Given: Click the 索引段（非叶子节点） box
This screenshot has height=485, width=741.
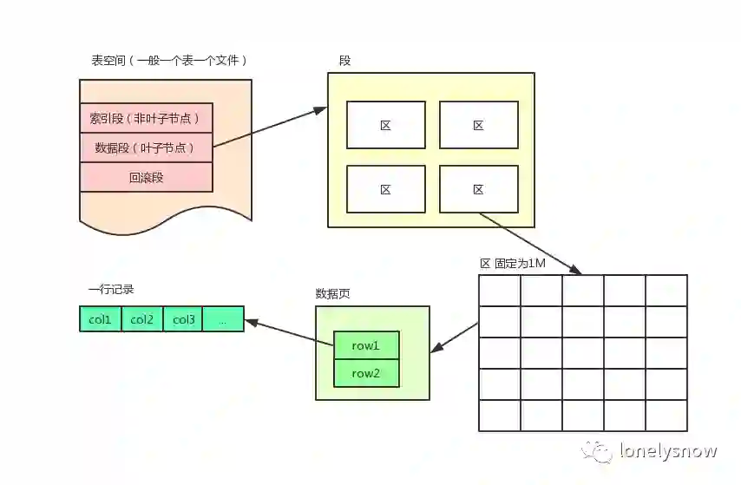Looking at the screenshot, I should coord(146,118).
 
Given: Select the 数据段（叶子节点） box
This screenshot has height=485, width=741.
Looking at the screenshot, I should coord(146,147).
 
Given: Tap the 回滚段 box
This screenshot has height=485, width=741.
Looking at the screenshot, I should coord(146,177).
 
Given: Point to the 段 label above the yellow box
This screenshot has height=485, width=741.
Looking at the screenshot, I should coord(344,62).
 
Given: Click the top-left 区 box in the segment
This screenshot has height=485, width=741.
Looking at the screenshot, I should coord(386,125).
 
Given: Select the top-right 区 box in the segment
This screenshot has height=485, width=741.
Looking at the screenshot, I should coord(478,125).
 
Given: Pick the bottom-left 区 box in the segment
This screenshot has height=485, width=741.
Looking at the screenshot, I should coord(386,189).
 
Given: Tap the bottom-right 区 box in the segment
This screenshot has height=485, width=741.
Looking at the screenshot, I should coord(478,189).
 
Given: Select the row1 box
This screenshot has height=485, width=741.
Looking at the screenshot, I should coord(366,345).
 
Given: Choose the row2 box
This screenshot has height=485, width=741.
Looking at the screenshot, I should coord(366,373).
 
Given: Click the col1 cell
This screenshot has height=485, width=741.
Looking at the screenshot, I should coord(101,319).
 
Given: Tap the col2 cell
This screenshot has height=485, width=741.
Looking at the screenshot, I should coord(142,319).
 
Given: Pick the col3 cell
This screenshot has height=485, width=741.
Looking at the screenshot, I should coord(183,319).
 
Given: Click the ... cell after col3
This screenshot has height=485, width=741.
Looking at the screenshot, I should coord(224,319).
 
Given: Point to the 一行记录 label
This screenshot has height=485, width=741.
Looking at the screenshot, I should coord(110,290).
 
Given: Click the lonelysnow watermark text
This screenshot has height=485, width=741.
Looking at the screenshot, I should coord(668,451).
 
